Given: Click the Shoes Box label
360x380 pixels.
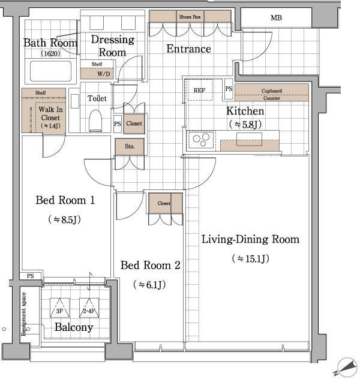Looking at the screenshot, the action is pos(190,17).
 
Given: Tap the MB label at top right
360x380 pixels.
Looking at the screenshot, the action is pos(276,18).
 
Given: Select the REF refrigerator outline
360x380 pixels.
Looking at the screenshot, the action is pos(199,90).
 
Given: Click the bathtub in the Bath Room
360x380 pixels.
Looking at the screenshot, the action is pos(51,71).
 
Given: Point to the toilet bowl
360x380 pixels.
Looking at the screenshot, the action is pos(95,120).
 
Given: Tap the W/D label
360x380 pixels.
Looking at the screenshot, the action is pos(104,74).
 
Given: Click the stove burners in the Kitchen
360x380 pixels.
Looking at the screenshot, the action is pos(201,140).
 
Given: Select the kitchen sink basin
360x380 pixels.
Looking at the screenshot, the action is pos(249,139).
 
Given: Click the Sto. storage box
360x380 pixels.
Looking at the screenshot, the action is pos(130,147).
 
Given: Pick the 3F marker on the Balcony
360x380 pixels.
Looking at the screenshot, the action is pos(59,308).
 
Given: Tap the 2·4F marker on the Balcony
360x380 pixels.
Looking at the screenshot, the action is pos(89,308).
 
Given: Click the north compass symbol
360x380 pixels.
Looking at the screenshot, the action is pos(346,368).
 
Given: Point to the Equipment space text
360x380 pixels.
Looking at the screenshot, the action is pos(23,314).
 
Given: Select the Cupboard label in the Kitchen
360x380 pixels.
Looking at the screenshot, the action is pos(271,91).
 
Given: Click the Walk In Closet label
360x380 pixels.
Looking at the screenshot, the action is pos(50,113).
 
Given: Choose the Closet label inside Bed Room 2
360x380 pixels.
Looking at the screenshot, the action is pos(164,203).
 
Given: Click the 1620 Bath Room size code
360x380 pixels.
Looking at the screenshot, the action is pos(50,53).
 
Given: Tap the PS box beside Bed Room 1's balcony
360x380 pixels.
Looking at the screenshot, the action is pos(31,276).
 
